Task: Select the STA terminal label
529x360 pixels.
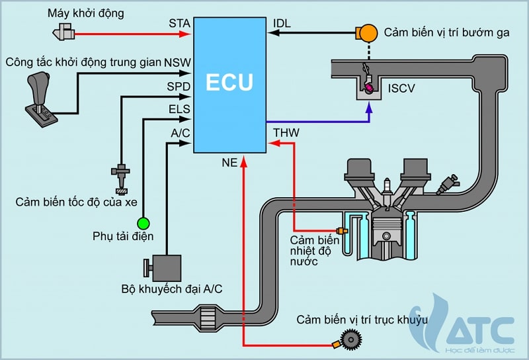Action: click(179, 24)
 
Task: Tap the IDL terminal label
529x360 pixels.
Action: click(282, 24)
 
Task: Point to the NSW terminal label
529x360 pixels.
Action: click(178, 64)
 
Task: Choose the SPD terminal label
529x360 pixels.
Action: click(179, 87)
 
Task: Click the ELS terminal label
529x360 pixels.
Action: click(180, 109)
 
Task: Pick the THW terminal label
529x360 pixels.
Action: click(286, 133)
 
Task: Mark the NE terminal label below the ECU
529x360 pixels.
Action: click(229, 161)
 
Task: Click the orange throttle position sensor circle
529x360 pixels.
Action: click(367, 32)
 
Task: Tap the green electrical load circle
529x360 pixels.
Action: click(143, 222)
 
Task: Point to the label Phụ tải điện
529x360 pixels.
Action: click(123, 236)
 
